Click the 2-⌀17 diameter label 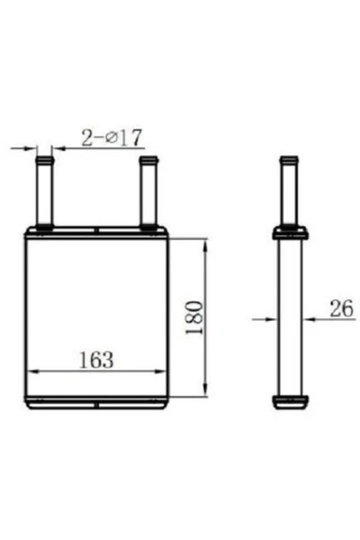[x=111, y=138]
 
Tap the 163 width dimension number [x=97, y=359]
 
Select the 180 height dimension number [x=194, y=317]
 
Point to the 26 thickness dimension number [x=342, y=308]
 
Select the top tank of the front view [x=97, y=233]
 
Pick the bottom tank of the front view [x=97, y=402]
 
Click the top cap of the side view [x=290, y=233]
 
